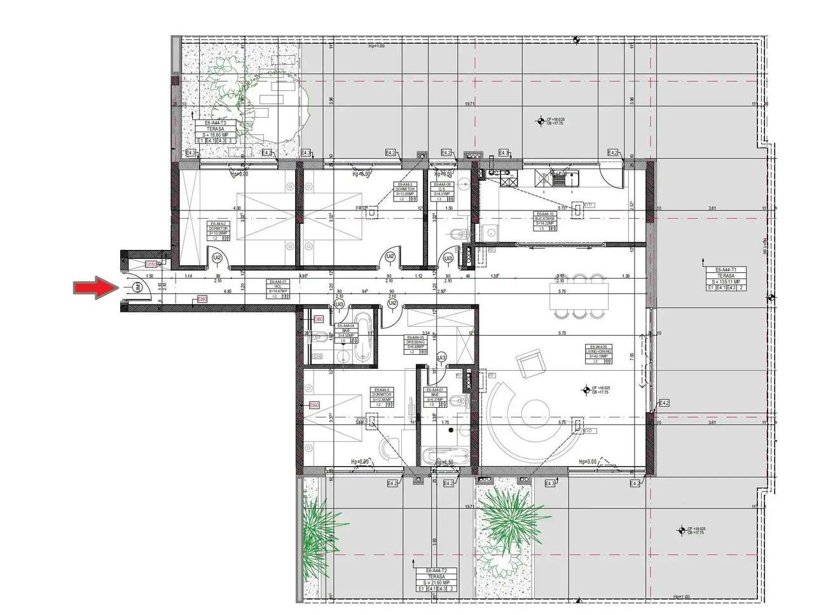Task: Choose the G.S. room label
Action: pyautogui.click(x=441, y=191)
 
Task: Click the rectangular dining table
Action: pyautogui.click(x=579, y=296)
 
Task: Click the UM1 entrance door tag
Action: pyautogui.click(x=137, y=288)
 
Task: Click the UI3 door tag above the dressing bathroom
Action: pyautogui.click(x=441, y=359)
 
